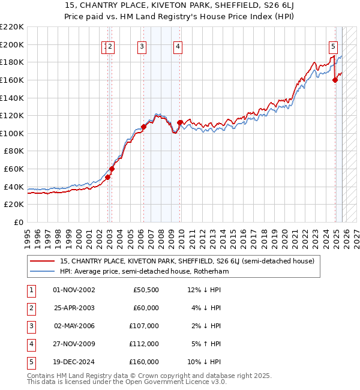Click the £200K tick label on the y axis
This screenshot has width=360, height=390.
pos(12,44)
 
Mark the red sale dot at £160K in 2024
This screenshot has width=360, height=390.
pos(335,80)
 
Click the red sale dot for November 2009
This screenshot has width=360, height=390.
pos(180,123)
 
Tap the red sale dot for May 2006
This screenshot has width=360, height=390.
pos(143,127)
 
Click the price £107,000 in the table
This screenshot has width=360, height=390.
pos(144,326)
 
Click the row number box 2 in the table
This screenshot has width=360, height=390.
pos(30,308)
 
